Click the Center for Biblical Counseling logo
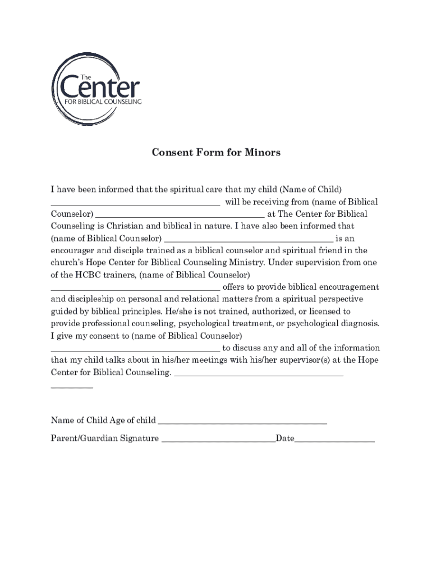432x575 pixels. point(96,89)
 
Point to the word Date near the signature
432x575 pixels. point(285,439)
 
